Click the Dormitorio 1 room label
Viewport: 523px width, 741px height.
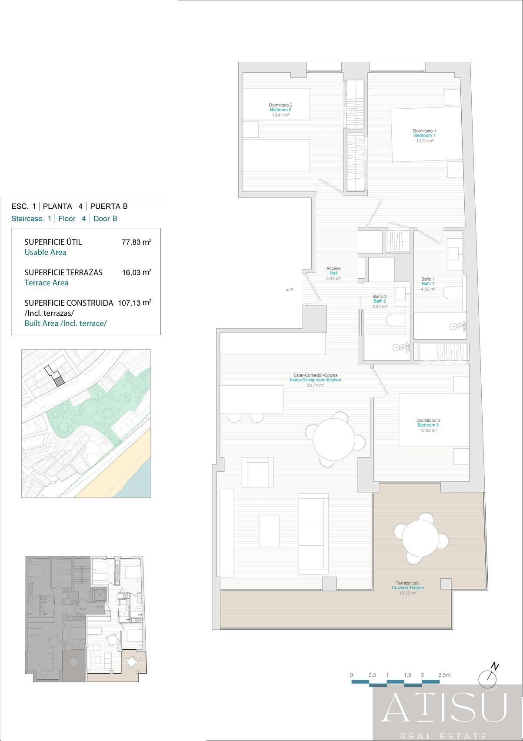tap(424, 131)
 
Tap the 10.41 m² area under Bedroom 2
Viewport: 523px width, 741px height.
tap(280, 115)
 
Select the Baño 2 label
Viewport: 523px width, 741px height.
tap(380, 297)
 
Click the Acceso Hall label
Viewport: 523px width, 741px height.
tap(333, 269)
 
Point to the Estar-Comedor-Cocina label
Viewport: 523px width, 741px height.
tap(315, 375)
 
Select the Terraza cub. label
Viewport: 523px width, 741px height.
tap(407, 583)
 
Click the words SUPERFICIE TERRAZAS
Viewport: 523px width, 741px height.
tap(63, 273)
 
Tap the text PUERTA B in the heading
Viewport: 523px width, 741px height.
tap(109, 207)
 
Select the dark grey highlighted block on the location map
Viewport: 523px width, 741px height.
tap(59, 381)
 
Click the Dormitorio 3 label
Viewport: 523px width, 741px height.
tap(428, 421)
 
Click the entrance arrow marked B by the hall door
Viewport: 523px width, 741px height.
tap(290, 289)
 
